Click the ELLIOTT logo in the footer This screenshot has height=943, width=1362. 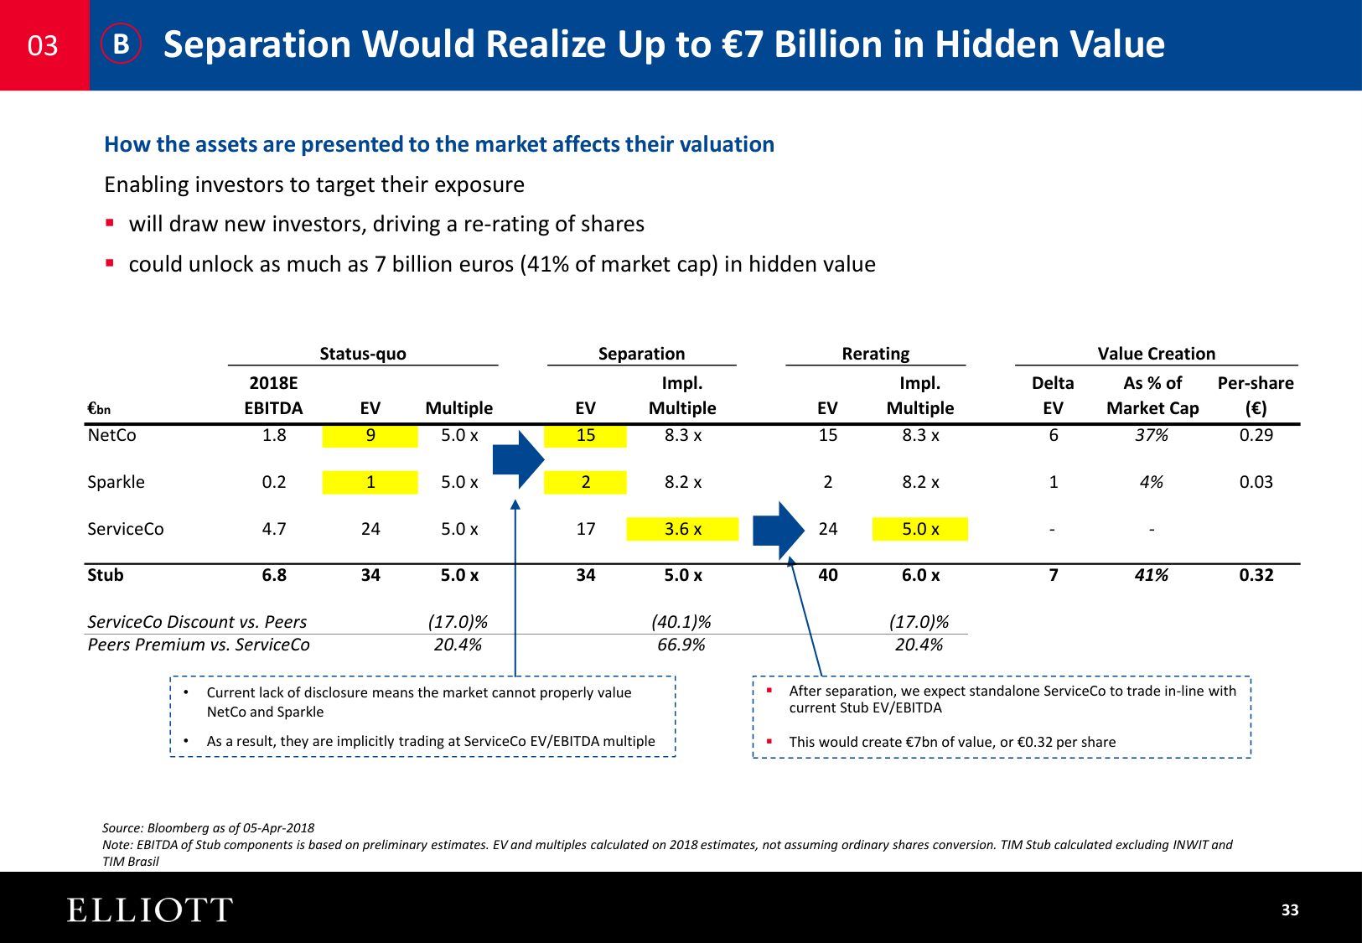[149, 910]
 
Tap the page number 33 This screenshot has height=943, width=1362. [1289, 910]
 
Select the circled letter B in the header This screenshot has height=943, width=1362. [122, 44]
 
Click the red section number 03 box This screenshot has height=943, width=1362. [44, 45]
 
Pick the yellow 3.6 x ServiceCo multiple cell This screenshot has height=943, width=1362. [682, 529]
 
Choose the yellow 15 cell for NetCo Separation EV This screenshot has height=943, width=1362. [585, 435]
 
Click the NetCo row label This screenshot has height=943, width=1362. [111, 435]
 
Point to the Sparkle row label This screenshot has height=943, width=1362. [116, 482]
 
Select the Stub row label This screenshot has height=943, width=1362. [106, 575]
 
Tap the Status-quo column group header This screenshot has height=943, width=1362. [362, 354]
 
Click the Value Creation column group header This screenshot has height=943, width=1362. [1156, 354]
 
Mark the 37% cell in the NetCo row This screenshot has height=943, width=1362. [1151, 435]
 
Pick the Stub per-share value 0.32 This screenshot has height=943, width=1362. [1256, 575]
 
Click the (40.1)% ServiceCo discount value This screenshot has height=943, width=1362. [681, 622]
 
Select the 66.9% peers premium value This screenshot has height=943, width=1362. [681, 645]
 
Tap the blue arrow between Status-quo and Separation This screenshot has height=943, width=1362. [518, 459]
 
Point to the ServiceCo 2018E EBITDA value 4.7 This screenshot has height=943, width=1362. [274, 529]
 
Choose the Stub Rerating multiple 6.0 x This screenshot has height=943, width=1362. [920, 575]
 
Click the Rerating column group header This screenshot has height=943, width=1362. [875, 354]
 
